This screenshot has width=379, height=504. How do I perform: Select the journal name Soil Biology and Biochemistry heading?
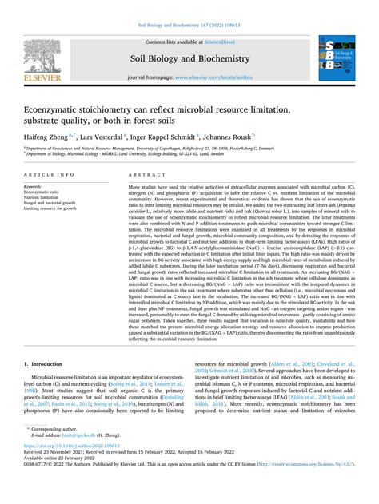click(189, 58)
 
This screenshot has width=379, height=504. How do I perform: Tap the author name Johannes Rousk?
click(231, 137)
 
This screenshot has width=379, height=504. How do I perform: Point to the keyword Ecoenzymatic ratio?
click(46, 192)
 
